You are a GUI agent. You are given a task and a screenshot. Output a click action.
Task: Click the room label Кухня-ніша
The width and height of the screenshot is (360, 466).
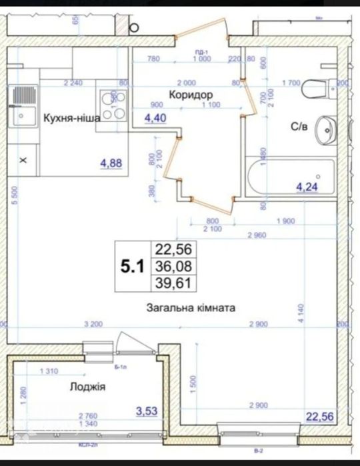coord(71,119)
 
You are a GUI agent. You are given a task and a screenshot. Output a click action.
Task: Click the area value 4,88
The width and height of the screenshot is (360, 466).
coord(113,163)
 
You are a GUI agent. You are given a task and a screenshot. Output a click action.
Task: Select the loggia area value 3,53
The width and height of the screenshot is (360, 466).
coord(147,411)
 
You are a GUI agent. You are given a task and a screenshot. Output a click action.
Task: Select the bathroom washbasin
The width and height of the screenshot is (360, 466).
coord(325,128)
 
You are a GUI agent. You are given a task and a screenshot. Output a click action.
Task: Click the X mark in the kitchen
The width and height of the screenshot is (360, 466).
coord(24,161)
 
